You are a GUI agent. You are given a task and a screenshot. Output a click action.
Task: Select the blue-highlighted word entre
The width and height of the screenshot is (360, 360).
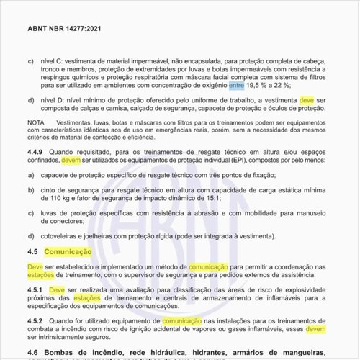(237, 84)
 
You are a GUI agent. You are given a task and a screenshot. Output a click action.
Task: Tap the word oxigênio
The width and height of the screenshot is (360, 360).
(213, 84)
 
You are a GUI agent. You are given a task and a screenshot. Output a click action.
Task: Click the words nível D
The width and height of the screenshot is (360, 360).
(50, 100)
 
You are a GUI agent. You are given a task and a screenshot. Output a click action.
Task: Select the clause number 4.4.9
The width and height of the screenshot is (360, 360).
(37, 153)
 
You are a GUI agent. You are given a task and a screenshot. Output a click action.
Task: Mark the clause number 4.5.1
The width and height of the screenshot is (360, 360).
(37, 290)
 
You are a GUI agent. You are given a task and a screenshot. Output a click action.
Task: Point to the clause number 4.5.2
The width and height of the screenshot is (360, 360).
(37, 321)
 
